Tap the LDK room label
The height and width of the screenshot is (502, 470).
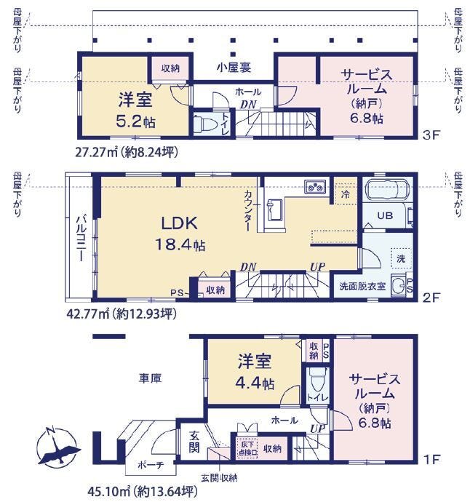pos(179,223)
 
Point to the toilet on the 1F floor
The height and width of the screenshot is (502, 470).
pos(317,380)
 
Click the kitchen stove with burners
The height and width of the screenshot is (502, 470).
pos(315,187)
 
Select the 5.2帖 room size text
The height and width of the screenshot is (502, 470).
pos(136,121)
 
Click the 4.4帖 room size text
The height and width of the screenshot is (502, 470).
pos(255,383)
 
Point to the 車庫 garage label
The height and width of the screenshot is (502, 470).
pos(150,378)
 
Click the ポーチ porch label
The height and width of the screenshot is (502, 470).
pos(151,465)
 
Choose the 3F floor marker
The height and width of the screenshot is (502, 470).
pos(431,135)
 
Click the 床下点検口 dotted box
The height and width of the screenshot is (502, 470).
pos(247,448)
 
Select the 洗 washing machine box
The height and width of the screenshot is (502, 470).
pos(401,259)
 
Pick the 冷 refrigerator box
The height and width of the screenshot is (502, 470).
pos(345,194)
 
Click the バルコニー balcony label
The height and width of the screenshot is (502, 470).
pos(80,239)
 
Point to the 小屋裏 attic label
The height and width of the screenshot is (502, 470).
pos(234,68)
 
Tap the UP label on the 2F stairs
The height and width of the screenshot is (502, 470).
pos(318,267)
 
